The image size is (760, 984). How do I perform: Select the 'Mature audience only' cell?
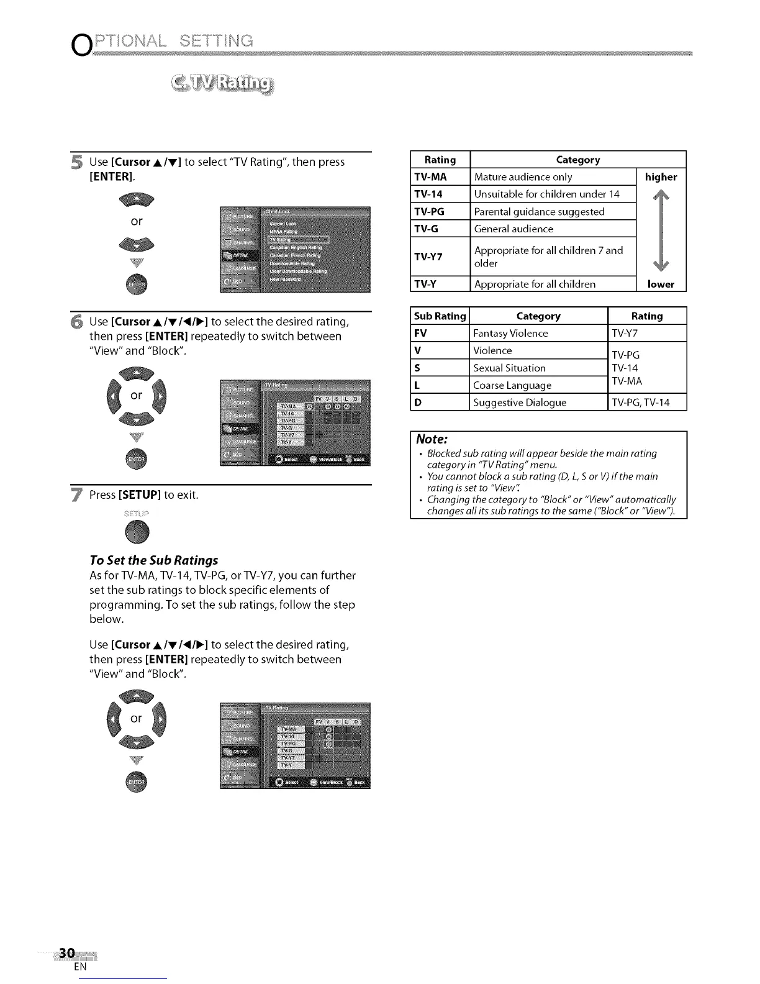coord(523,177)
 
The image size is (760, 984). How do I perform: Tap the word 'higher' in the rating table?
coord(661,177)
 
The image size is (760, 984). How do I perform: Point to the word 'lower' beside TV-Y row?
coord(661,284)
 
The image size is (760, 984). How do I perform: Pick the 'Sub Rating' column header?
coord(440,316)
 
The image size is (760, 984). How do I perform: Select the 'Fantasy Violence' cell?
coord(510,334)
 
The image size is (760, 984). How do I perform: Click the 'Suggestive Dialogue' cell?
coord(520,403)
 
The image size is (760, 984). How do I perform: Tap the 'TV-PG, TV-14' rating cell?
coord(641,403)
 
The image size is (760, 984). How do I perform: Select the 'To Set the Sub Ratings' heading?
coord(154,560)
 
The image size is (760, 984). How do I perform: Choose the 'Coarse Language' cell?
coord(512,385)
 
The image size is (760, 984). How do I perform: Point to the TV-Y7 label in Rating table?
coord(428,257)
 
